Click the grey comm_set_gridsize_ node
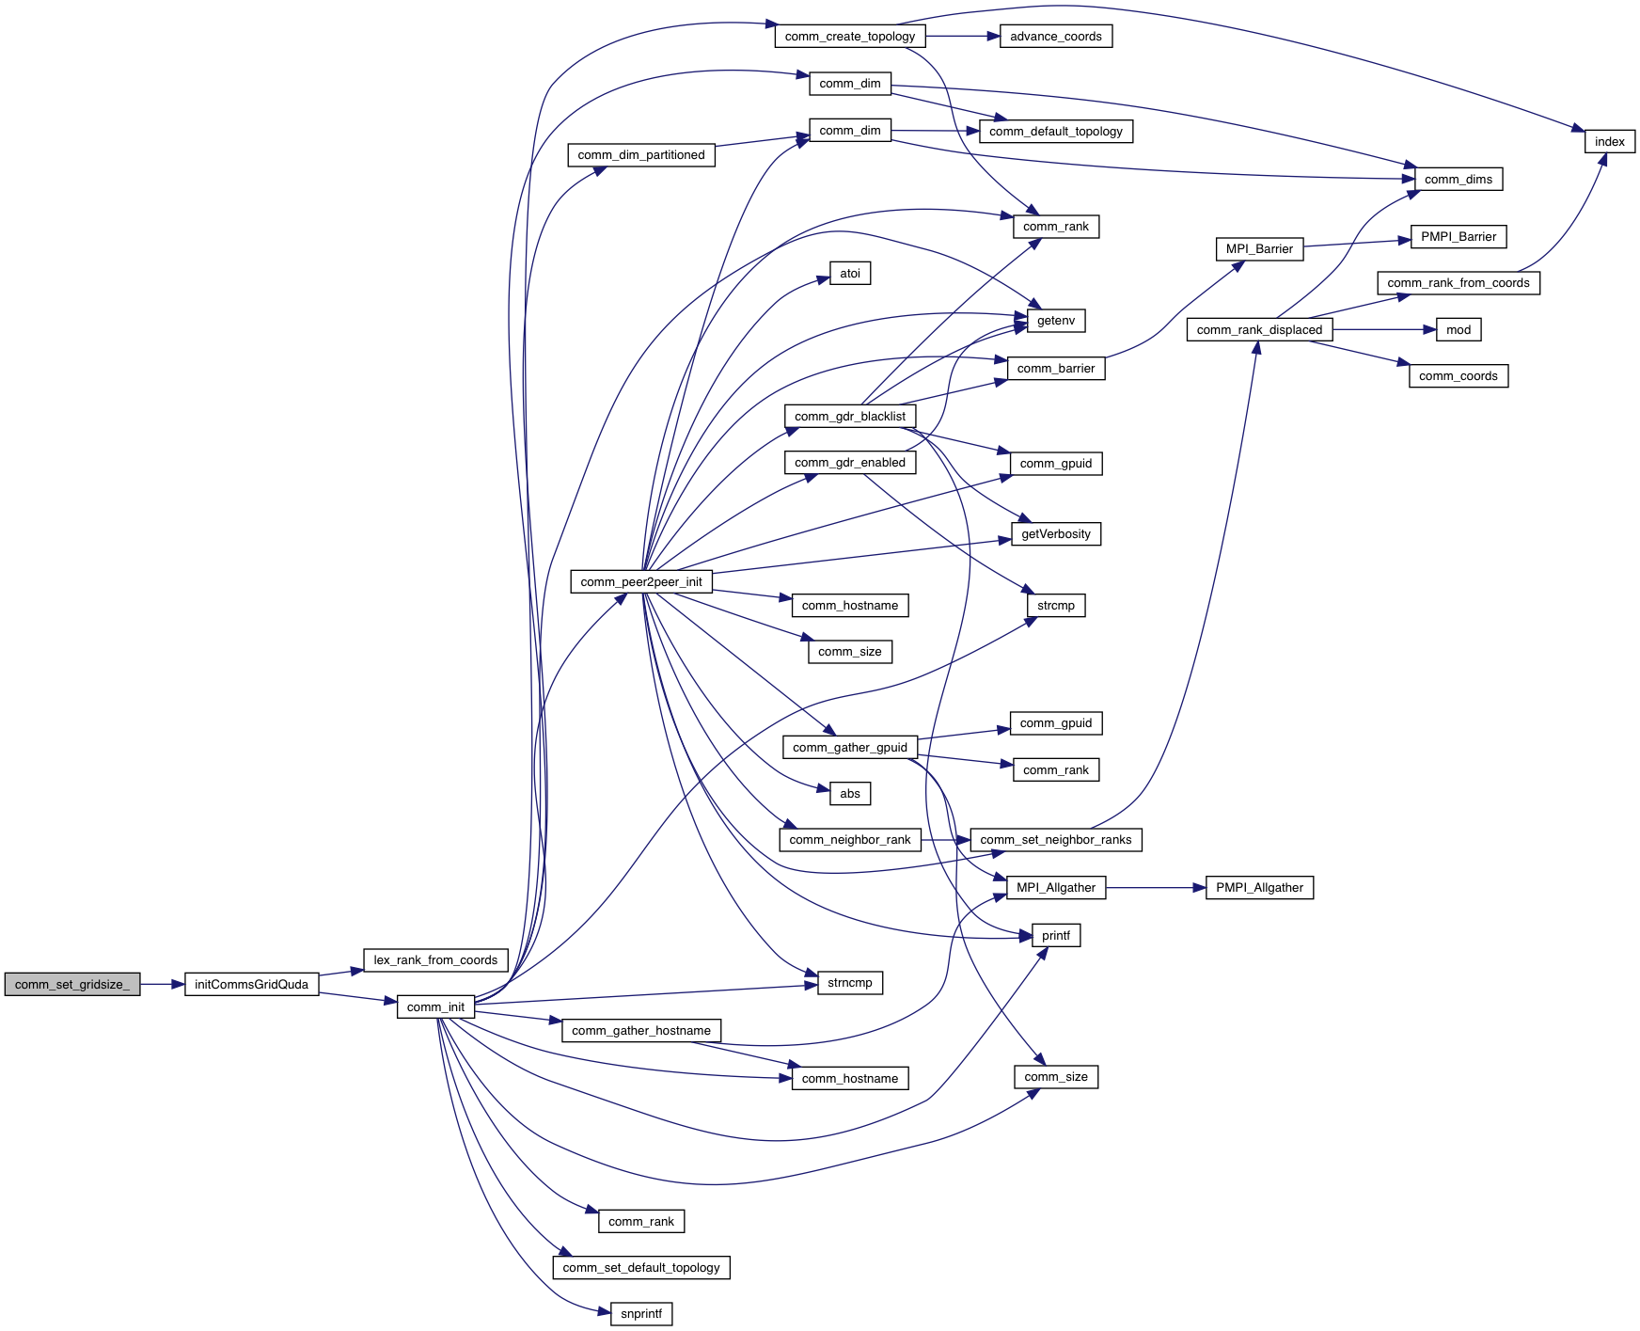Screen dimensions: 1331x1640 tap(72, 984)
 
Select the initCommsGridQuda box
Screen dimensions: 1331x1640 tap(251, 984)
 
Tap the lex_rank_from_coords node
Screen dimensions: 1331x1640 tap(435, 960)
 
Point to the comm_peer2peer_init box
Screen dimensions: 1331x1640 tap(641, 581)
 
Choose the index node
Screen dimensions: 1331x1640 tap(1609, 142)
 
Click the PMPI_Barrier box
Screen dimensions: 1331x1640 tap(1458, 237)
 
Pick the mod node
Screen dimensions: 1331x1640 tap(1458, 330)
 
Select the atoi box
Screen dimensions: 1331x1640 tap(850, 274)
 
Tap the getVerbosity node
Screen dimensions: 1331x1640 tap(1056, 534)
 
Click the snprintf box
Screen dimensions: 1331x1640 tap(641, 1314)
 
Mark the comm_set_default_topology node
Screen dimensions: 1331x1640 tap(641, 1268)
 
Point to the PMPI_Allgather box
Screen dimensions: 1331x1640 tap(1259, 888)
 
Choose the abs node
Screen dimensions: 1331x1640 tap(850, 794)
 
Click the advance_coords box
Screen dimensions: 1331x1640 tap(1056, 37)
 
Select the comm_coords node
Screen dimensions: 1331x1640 tap(1458, 376)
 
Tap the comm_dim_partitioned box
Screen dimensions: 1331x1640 tap(641, 155)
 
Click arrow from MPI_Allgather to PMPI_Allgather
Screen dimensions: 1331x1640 tap(1156, 888)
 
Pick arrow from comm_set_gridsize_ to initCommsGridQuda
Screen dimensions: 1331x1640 tap(163, 984)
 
